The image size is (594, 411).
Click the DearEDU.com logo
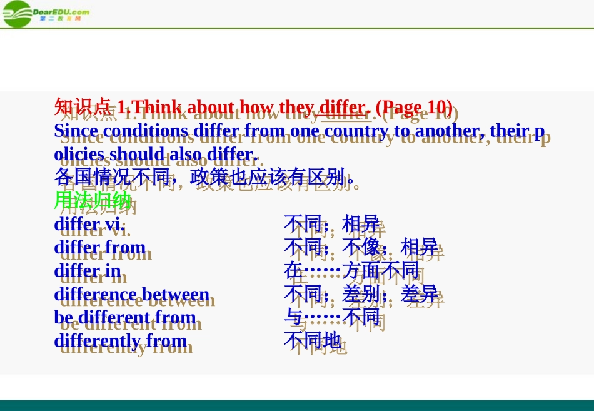pos(45,13)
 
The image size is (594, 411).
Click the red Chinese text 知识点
pos(83,107)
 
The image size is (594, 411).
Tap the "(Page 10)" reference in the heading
pos(413,107)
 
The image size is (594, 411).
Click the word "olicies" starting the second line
pos(80,154)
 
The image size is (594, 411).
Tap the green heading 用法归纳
pos(93,200)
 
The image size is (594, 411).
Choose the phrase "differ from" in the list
pos(100,247)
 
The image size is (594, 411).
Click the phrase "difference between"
pos(132,294)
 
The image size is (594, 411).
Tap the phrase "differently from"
pos(120,341)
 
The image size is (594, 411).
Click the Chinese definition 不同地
pos(313,341)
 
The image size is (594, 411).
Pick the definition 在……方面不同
pos(351,271)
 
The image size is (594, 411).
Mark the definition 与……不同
pos(331,317)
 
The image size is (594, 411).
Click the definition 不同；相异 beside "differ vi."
pos(331,224)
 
